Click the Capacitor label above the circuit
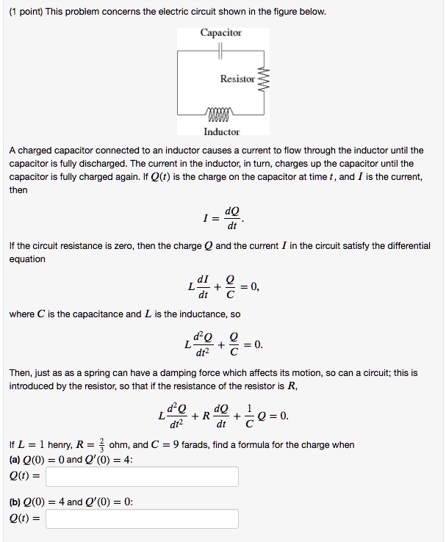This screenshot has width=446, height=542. (x=220, y=32)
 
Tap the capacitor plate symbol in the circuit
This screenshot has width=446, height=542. (x=220, y=51)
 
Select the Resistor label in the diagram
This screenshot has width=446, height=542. (x=237, y=79)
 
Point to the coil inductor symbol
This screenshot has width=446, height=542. (x=220, y=114)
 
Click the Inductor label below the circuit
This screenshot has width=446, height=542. (x=221, y=131)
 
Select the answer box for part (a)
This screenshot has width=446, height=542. (x=142, y=477)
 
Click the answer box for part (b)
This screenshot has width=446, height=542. (x=142, y=519)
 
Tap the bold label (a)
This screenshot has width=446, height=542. (x=15, y=460)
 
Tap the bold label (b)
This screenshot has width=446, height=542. (x=15, y=502)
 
